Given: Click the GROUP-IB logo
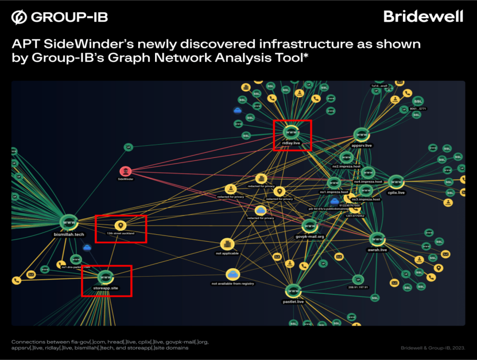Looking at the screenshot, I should (59, 17).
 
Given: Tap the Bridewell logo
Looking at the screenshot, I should (423, 16).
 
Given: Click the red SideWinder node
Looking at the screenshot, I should (126, 171).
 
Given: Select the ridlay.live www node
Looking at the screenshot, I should (292, 132).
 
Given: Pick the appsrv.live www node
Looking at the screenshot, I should (362, 136).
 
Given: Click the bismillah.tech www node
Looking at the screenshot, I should (69, 222).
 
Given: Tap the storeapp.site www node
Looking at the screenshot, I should (105, 276).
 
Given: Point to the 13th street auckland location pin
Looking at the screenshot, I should (120, 225).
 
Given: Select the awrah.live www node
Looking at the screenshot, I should (377, 239).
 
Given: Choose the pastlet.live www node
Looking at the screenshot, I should (293, 291).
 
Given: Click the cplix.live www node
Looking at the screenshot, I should (396, 182).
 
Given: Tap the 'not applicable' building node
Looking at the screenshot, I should (227, 243).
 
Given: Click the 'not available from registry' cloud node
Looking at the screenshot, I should (232, 274).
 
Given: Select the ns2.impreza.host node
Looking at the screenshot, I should (346, 157).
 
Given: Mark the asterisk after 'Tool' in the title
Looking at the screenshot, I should (305, 57).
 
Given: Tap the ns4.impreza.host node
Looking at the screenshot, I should (368, 172).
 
